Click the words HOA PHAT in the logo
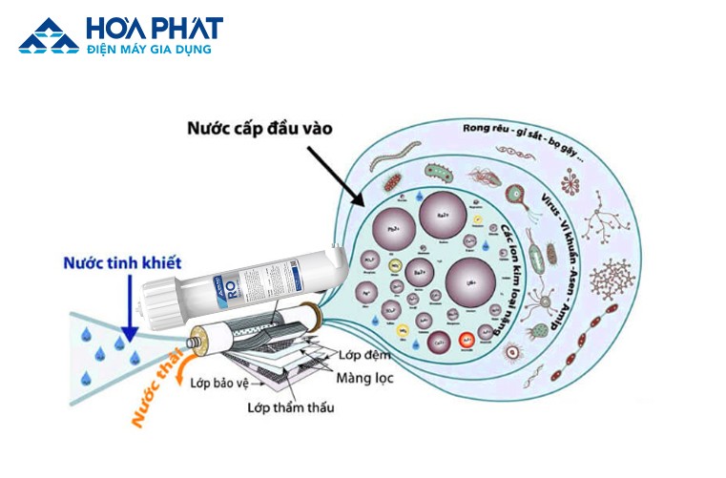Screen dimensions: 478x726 click(x=153, y=28)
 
